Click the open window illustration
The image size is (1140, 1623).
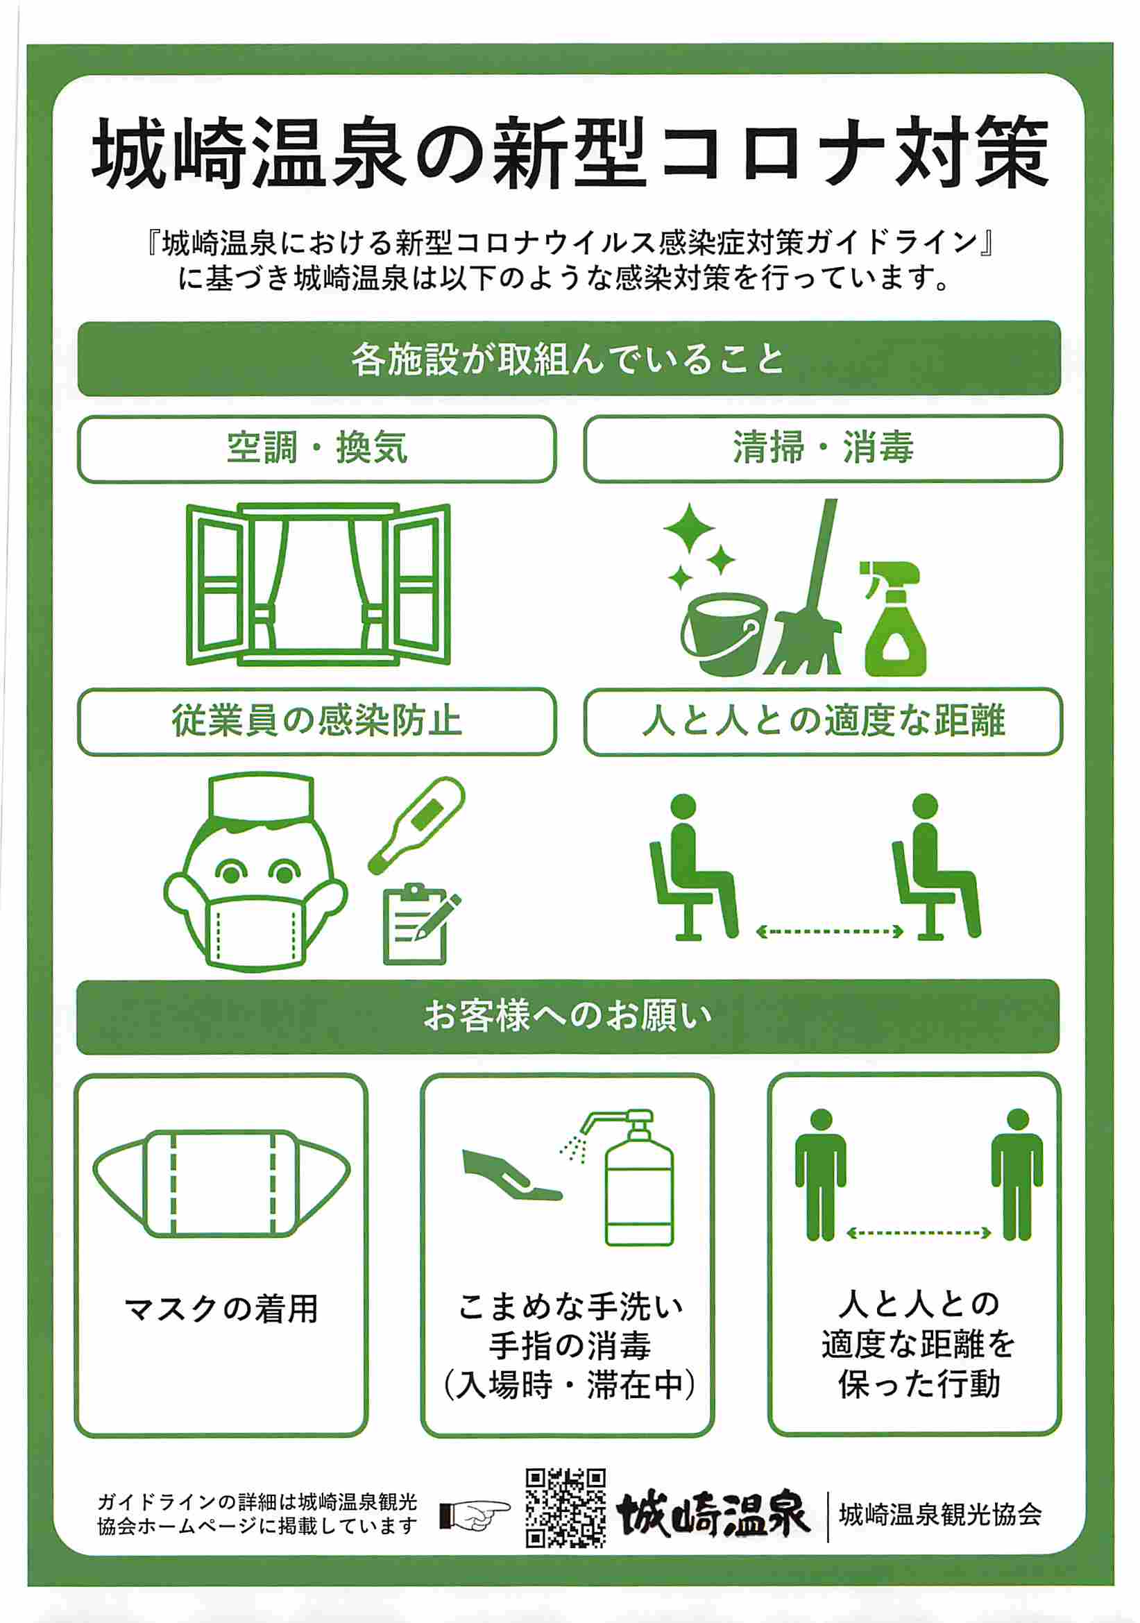click(x=318, y=584)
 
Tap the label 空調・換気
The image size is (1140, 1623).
click(x=316, y=449)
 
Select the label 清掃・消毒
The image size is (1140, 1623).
click(x=823, y=449)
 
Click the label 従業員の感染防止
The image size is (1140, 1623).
click(x=316, y=722)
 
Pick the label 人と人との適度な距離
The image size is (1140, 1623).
click(x=823, y=722)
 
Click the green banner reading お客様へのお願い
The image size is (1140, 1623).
click(x=568, y=1017)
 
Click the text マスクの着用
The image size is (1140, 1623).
click(x=221, y=1309)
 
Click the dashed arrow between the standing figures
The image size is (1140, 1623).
click(x=919, y=1234)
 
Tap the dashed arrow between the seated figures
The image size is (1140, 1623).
click(x=830, y=932)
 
